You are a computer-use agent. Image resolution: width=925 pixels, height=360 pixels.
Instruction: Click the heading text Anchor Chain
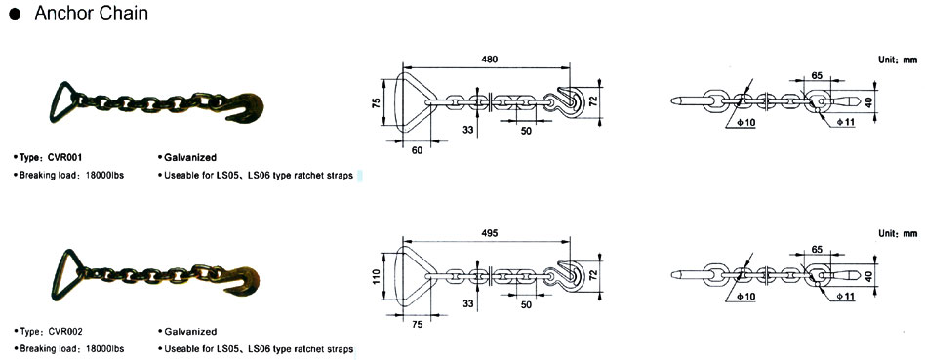[92, 13]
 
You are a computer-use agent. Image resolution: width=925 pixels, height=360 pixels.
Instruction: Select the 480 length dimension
[489, 59]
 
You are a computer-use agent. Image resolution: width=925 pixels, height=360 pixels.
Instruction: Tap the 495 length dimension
[489, 233]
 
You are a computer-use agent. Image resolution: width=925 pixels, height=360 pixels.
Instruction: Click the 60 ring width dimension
[417, 151]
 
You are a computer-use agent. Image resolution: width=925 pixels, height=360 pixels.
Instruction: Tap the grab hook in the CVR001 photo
[244, 108]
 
